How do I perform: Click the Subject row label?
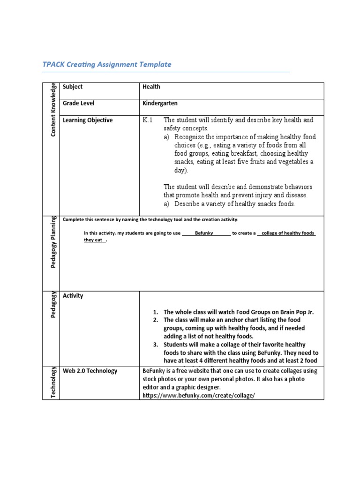point(73,87)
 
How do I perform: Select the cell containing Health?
point(151,87)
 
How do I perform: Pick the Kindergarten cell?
point(160,103)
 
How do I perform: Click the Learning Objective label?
point(88,120)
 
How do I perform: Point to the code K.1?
point(148,120)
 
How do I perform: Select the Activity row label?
point(73,296)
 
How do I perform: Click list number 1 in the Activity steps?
point(156,312)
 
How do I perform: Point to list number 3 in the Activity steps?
point(156,345)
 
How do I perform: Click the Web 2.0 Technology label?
point(90,371)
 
